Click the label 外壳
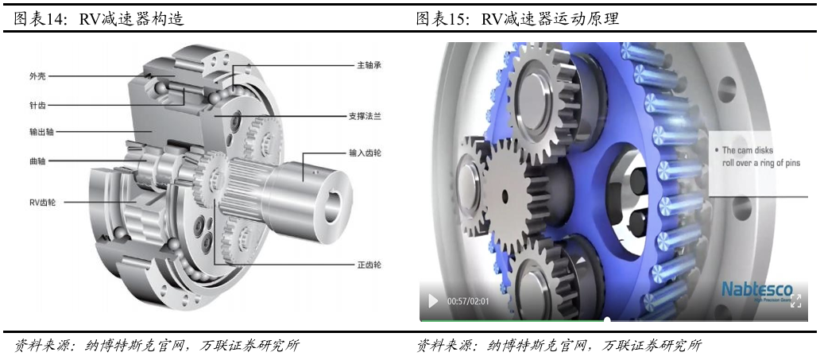click(x=38, y=77)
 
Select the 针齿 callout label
click(x=38, y=104)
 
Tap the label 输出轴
click(x=42, y=130)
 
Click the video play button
click(x=433, y=301)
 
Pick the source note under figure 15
click(x=559, y=346)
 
